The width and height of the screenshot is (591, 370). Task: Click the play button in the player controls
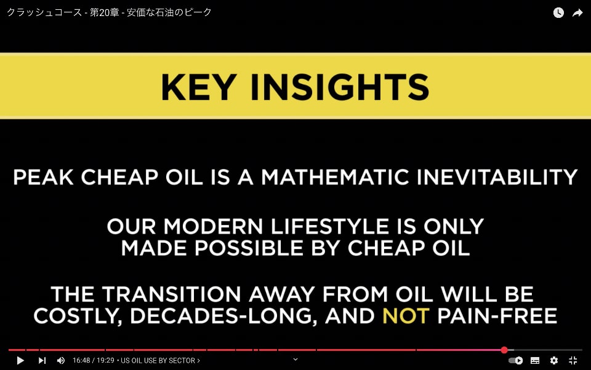click(x=21, y=361)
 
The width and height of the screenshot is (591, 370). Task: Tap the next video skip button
click(x=42, y=361)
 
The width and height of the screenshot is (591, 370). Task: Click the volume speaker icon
click(x=61, y=361)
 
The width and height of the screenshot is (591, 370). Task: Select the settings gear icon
click(x=554, y=361)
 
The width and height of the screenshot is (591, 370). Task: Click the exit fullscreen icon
click(x=573, y=361)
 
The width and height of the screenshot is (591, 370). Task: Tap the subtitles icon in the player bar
click(x=535, y=361)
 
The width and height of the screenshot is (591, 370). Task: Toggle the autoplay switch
click(x=516, y=361)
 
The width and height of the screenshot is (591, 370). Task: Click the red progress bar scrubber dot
click(x=504, y=350)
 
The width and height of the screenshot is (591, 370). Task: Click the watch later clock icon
click(x=558, y=13)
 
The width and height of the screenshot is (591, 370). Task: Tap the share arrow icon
click(x=577, y=13)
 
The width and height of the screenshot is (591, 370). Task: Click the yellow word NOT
click(x=406, y=316)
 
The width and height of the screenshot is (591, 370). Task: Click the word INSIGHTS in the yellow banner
click(x=340, y=87)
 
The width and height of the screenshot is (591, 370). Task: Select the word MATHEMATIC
click(x=335, y=177)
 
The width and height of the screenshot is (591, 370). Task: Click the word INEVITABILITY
click(x=497, y=177)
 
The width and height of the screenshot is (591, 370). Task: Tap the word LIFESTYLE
click(x=330, y=226)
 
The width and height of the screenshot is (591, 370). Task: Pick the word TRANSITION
click(x=171, y=294)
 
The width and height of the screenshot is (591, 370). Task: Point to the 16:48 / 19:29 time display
click(x=94, y=361)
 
